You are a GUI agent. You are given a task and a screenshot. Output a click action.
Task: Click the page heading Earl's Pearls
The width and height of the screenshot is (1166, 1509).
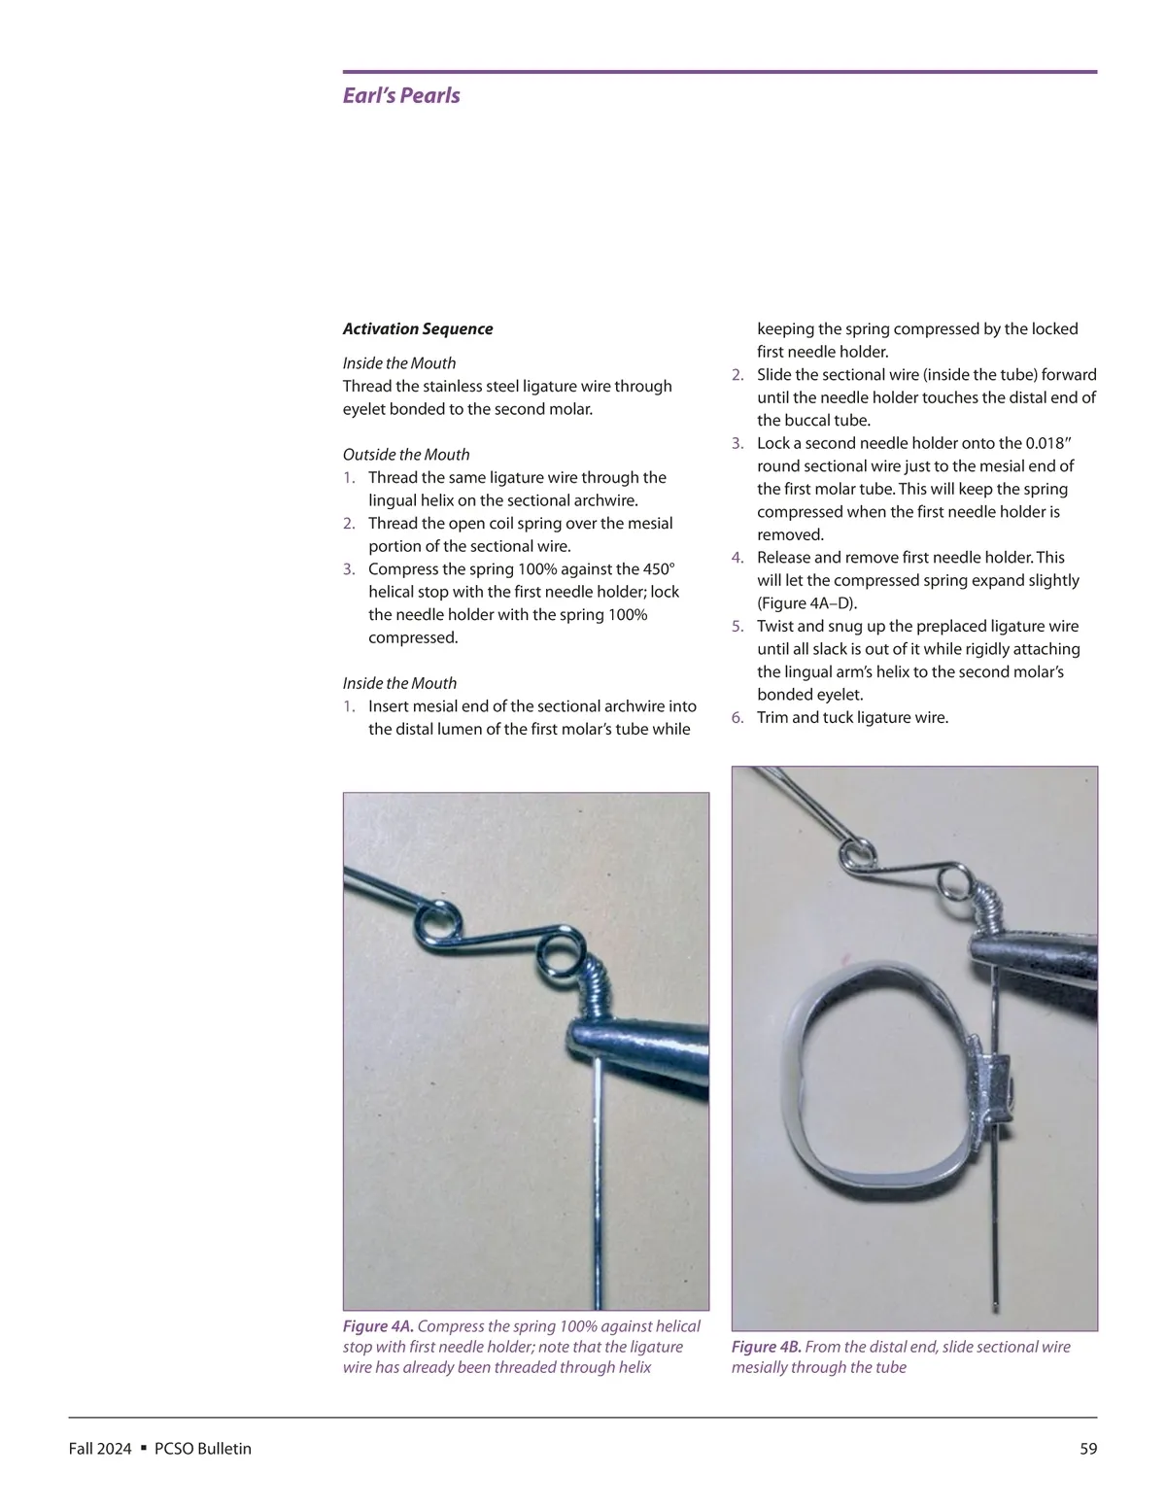point(401,95)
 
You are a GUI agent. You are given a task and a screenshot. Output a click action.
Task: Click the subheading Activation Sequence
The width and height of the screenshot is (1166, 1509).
point(418,328)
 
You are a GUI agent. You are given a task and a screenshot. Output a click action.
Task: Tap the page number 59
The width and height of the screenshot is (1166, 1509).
point(1088,1449)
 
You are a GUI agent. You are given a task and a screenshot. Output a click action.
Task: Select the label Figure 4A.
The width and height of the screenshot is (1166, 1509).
point(378,1326)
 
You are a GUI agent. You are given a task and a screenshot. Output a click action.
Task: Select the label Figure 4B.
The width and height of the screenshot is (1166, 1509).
point(767,1347)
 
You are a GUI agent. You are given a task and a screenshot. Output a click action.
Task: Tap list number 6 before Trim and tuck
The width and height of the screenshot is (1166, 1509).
point(737,717)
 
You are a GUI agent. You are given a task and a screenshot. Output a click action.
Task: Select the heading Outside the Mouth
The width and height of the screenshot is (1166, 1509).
point(406,454)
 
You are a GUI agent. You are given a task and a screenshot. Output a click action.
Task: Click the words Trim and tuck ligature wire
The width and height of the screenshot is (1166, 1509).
point(852,717)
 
